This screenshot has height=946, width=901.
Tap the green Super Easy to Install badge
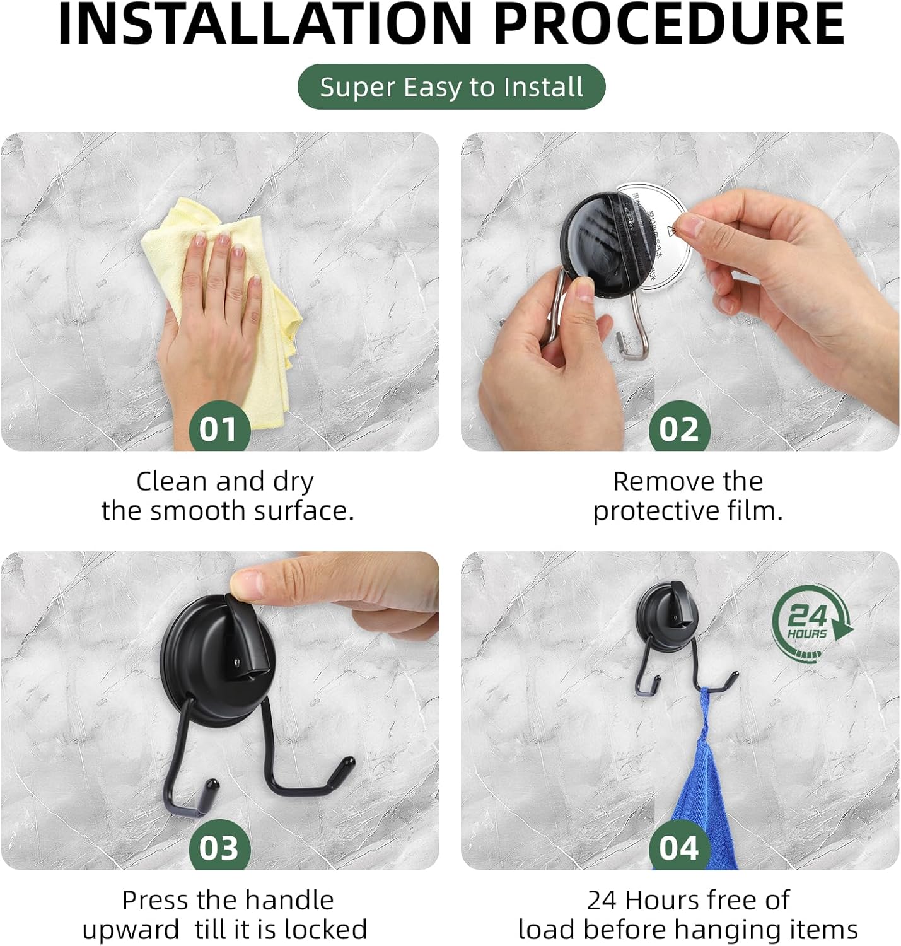coord(451,87)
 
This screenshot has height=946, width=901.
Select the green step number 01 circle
coord(219,429)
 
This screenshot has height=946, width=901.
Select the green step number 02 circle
coord(679,429)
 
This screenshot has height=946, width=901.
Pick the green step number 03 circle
coord(219,848)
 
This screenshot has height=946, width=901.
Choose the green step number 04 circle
coord(679,848)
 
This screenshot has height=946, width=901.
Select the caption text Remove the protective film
coord(687,496)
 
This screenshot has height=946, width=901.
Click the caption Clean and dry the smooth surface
coord(227,496)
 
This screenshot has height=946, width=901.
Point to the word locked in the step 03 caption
coord(325,930)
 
